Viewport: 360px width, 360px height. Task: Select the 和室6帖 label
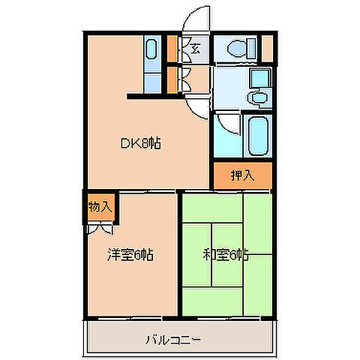coord(225,255)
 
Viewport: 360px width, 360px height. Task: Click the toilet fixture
coord(238,49)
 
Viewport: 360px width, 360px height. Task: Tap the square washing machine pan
coord(260,78)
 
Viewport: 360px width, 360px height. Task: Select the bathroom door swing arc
coord(226,124)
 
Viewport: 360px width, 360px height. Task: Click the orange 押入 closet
coord(240,175)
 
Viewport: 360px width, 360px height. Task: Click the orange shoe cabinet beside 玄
coord(172,49)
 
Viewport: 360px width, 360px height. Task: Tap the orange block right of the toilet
coord(267,49)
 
